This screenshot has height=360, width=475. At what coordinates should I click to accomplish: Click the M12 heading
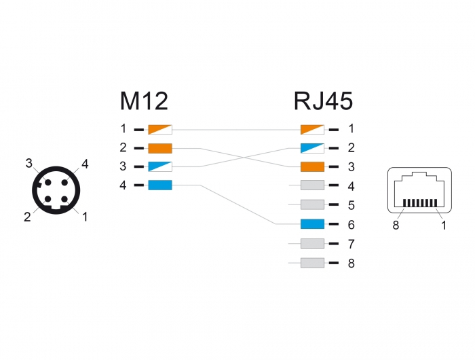pos(144,101)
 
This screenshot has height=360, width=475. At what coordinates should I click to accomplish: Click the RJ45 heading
pos(323,101)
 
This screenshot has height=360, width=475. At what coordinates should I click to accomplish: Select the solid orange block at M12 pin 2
pos(161,147)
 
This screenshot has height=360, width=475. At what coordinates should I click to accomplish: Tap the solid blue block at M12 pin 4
pos(161,185)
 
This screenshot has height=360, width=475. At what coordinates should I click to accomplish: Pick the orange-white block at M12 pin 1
pos(161,128)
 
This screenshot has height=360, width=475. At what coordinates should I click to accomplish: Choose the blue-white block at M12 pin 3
pos(161,166)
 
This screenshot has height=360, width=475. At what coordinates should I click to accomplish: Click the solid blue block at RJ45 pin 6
pos(312,223)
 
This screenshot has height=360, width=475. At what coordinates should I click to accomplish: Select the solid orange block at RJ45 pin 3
pos(312,166)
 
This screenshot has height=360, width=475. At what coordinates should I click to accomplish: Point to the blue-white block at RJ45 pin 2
pos(312,147)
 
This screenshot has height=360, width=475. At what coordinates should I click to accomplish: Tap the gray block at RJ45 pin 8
pos(312,262)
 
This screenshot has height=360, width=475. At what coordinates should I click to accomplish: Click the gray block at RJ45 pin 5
pos(312,204)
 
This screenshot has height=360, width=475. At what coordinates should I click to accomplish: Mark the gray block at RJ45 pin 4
pos(312,185)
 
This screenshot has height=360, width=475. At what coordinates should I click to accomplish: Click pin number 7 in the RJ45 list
pos(351,243)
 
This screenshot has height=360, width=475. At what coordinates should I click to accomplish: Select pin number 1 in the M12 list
pos(123,128)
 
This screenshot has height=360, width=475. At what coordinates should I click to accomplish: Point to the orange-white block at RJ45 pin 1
pos(312,128)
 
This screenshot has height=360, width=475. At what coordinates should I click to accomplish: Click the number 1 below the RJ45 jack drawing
pos(443,226)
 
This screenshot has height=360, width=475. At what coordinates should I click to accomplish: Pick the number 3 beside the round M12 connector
pos(29,163)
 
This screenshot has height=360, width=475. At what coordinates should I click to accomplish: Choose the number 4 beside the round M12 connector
pos(85,163)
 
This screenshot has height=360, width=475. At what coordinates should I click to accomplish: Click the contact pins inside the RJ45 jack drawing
pos(419,203)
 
